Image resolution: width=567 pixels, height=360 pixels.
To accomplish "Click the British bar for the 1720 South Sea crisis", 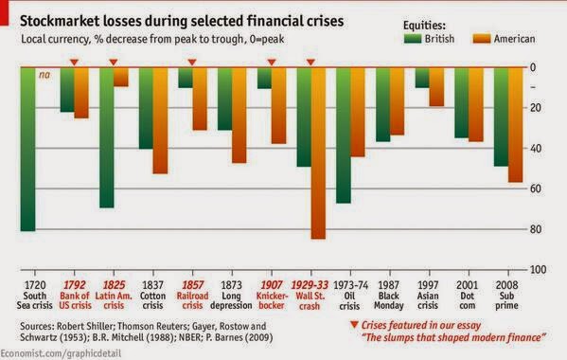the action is [27, 149].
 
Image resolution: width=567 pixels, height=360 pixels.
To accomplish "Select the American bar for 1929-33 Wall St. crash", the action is [318, 153].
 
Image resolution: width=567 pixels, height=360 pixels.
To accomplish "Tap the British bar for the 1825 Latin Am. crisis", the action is [107, 137].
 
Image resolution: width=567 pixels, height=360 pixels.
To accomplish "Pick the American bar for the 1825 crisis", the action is [121, 77].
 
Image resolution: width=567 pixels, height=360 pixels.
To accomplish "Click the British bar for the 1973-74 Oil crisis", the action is [344, 135].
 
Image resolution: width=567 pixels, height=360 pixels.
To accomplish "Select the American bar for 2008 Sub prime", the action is [515, 125].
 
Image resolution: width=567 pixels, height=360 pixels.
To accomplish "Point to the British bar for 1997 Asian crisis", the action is [422, 78].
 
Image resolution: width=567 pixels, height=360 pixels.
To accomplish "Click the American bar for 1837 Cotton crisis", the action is [160, 120].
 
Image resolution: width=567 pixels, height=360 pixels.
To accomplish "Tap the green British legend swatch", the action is [413, 39].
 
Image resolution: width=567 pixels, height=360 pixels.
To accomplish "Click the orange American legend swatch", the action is [482, 39].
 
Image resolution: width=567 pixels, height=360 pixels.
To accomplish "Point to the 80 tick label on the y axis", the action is [536, 229].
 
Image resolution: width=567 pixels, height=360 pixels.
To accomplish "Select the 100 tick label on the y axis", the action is [538, 270].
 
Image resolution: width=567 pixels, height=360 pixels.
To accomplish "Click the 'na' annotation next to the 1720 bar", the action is [44, 75].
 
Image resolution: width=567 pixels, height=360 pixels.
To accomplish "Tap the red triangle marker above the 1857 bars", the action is [192, 63].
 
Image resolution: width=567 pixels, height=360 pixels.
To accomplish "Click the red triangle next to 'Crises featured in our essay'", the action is [354, 325].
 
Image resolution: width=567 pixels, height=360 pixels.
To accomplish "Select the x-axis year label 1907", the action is [272, 285].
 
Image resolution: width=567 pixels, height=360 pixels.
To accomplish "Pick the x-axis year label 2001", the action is [468, 285].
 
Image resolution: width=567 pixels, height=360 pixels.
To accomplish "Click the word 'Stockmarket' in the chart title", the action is [59, 22].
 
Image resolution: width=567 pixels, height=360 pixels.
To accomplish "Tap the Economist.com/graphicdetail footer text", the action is [61, 353].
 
